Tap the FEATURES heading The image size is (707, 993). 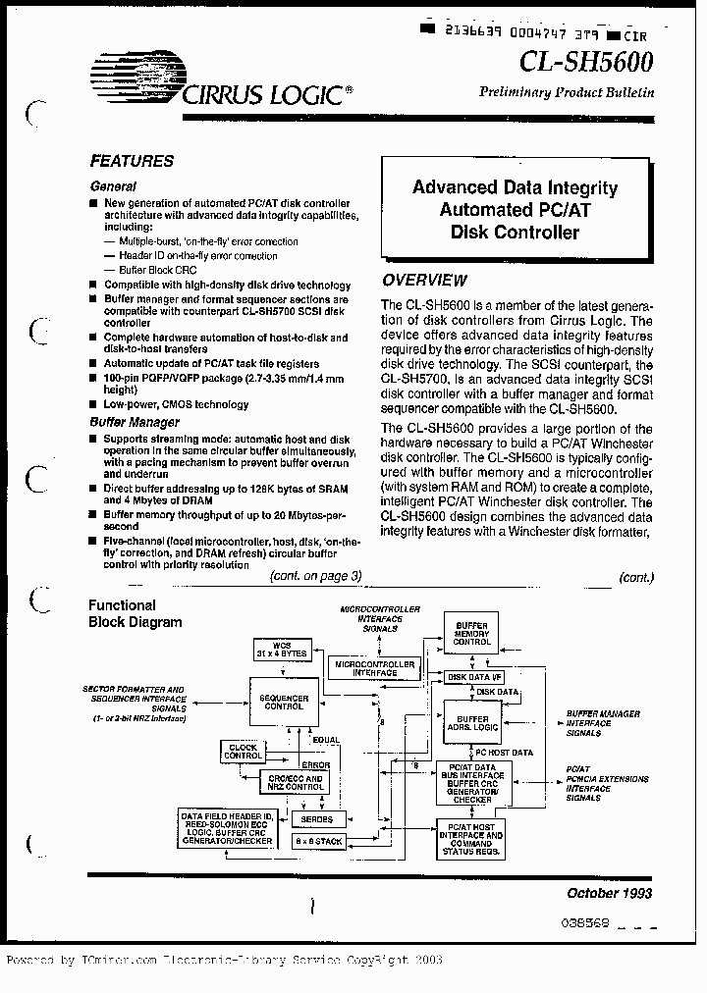(132, 161)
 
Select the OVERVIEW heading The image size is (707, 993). (424, 281)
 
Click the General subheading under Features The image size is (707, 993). (113, 186)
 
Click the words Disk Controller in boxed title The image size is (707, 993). (515, 233)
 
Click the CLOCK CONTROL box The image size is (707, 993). (243, 752)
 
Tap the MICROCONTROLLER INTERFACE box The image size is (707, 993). (374, 667)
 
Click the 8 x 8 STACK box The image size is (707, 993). (317, 842)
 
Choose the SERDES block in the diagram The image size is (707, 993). (316, 818)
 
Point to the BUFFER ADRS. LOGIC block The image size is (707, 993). (472, 723)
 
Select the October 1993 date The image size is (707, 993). (609, 893)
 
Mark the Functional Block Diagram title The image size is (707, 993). (135, 613)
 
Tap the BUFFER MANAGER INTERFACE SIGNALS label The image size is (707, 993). (603, 722)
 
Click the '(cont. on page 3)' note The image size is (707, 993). (316, 576)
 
